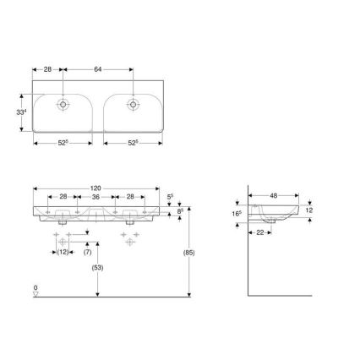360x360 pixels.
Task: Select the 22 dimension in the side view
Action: [x=261, y=232]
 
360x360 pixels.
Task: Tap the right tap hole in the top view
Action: [x=133, y=106]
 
